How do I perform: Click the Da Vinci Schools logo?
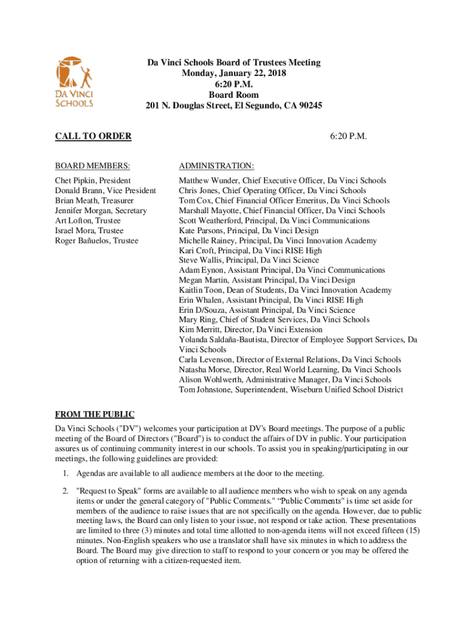click(x=75, y=81)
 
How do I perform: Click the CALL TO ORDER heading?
click(x=93, y=136)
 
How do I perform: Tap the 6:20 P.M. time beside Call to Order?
click(x=348, y=136)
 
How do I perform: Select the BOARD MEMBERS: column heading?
click(x=92, y=165)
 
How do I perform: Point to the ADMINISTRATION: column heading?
click(x=216, y=165)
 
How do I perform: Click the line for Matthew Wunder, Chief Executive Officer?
click(x=283, y=181)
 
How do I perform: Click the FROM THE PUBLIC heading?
click(x=95, y=415)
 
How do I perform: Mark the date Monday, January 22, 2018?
click(x=234, y=73)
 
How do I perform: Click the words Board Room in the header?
click(x=234, y=95)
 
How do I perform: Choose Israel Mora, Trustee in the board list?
click(x=89, y=231)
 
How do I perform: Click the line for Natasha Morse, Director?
click(x=290, y=369)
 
